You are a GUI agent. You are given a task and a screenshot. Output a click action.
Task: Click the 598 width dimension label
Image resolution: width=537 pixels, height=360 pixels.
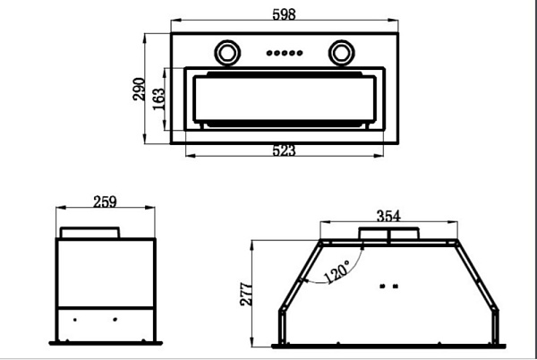coord(284,14)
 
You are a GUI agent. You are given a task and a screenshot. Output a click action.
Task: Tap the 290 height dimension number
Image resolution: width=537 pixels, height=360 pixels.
coord(139,89)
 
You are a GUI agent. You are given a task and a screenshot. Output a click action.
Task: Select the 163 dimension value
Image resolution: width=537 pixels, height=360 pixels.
coord(158,99)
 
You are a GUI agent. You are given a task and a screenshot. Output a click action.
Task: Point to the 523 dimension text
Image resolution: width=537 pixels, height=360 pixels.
coord(284,150)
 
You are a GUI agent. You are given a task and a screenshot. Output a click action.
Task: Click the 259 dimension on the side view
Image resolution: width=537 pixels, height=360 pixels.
coord(105,201)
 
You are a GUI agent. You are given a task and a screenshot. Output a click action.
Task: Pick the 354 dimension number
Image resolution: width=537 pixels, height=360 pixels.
coord(388,216)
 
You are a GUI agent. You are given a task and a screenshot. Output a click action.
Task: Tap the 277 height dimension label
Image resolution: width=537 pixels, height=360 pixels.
coord(246,294)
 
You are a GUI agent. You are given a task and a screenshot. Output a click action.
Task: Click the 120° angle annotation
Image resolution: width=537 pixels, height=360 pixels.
coord(337,271)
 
